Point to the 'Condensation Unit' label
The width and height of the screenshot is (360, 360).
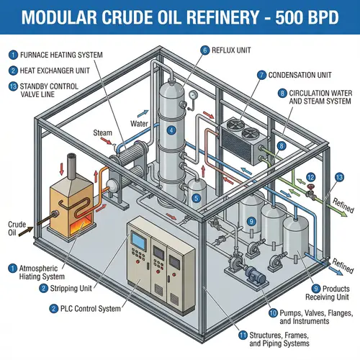click(298, 74)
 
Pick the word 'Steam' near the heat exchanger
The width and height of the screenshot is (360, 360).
click(103, 133)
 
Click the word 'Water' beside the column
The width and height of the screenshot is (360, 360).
click(139, 123)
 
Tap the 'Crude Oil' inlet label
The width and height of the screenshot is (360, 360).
click(16, 228)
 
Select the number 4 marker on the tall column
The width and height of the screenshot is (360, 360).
click(171, 130)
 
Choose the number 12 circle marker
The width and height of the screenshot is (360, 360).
click(310, 177)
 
